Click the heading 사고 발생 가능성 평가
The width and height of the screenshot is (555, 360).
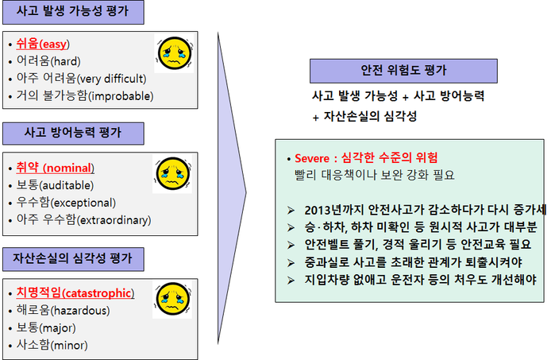pos(73,11)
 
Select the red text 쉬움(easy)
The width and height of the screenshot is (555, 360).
pos(43,45)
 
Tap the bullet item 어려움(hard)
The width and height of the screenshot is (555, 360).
pos(48,61)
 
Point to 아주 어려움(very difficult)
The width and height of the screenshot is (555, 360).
pos(82,79)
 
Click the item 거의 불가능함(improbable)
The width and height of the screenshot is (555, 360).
pos(85,96)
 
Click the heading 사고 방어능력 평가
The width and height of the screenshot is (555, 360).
pos(73,133)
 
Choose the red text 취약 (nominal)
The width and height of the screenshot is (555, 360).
pos(56,168)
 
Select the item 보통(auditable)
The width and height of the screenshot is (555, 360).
pos(55,185)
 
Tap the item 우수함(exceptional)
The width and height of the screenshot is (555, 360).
pos(66,203)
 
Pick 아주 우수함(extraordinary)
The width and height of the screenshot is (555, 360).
pos(84,220)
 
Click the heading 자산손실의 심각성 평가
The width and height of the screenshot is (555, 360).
pos(72,258)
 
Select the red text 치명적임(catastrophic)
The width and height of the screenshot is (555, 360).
pos(75,293)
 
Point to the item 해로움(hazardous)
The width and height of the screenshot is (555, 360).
pos(63,311)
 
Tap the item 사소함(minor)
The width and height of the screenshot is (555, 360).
pos(52,345)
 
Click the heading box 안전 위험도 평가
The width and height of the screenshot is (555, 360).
pos(403,71)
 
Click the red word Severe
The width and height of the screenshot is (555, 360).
pos(312,158)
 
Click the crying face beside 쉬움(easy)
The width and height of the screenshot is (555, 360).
pos(175,53)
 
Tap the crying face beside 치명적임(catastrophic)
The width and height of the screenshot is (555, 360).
pos(173,299)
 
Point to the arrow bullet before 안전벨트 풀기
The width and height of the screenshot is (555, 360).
pos(291,246)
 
